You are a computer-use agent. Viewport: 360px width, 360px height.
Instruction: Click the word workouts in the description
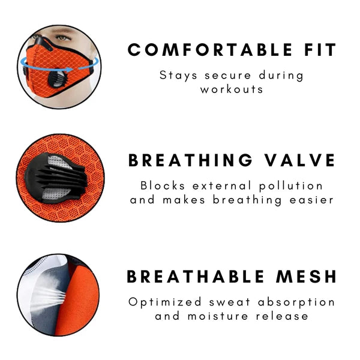pos(232,89)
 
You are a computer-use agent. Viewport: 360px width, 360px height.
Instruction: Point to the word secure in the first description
pos(226,76)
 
